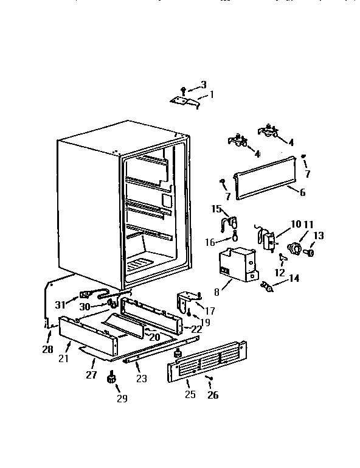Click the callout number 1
(x=212, y=94)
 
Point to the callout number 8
(x=217, y=292)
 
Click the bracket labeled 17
(x=188, y=301)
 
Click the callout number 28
(x=47, y=349)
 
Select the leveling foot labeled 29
(x=111, y=379)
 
